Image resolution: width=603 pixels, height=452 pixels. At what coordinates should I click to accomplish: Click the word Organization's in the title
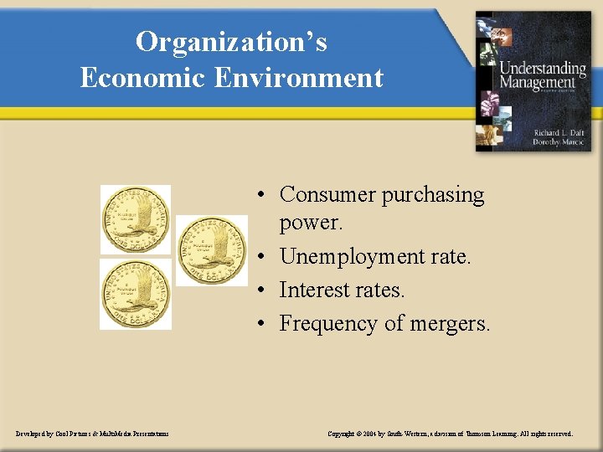click(x=232, y=42)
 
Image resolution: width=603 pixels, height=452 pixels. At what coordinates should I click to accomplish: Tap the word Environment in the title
click(x=299, y=78)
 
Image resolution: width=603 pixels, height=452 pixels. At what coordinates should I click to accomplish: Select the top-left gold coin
click(x=136, y=219)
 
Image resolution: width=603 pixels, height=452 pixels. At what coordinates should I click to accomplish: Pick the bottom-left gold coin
click(x=136, y=294)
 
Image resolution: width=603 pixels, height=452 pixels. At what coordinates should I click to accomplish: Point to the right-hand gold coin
click(x=212, y=251)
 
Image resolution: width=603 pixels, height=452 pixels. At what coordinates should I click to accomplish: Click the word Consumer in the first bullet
click(x=327, y=194)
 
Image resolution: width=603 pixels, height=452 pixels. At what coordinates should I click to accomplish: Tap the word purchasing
click(x=433, y=195)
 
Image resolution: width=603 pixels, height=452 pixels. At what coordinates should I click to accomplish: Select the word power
click(x=311, y=224)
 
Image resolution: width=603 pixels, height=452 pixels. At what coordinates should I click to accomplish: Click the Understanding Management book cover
click(x=533, y=81)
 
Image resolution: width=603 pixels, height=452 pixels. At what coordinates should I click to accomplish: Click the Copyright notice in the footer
click(x=450, y=434)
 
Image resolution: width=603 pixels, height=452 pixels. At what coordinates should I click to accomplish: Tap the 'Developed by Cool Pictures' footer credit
click(x=92, y=434)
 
